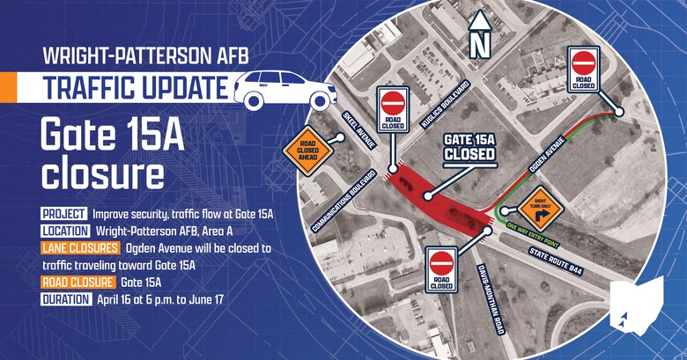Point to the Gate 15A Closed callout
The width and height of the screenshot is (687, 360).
469,146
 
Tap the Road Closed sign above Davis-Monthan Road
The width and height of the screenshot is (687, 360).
441,268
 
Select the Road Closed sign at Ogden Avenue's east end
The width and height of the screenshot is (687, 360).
584,68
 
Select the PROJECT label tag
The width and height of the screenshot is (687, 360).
63,214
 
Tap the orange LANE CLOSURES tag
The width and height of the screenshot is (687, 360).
80,248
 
